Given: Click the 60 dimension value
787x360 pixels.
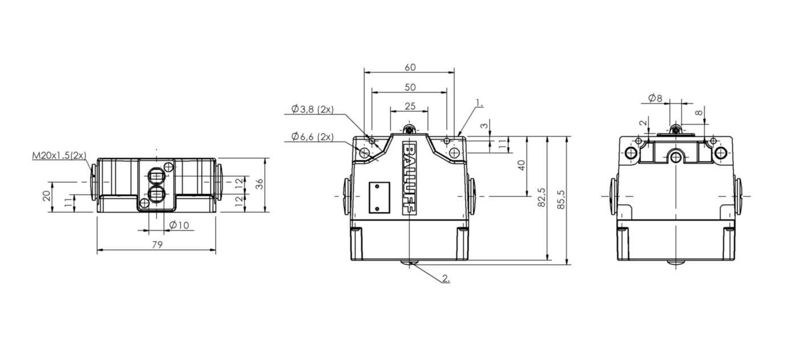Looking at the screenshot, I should (410, 67).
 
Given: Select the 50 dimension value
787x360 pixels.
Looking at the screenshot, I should (410, 87).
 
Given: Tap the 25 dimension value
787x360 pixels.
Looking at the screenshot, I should (409, 106).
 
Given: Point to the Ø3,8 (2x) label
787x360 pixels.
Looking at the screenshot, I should (312, 109).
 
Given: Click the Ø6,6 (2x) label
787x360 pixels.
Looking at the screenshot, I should (312, 136).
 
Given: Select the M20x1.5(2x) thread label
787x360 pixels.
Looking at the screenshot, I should (59, 155).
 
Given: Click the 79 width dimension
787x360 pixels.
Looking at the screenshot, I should (157, 245).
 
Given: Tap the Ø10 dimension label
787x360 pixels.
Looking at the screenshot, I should (179, 225).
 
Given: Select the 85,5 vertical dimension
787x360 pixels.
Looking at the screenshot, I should (561, 199).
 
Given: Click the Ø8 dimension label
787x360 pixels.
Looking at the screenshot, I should (655, 98).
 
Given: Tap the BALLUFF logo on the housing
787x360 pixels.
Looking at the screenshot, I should (409, 178).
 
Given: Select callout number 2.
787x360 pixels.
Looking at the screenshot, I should (446, 279).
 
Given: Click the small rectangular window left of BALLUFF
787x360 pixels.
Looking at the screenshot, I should (380, 197).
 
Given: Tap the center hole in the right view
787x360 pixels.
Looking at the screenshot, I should (676, 157).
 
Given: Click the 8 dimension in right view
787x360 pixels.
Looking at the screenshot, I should (699, 113).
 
